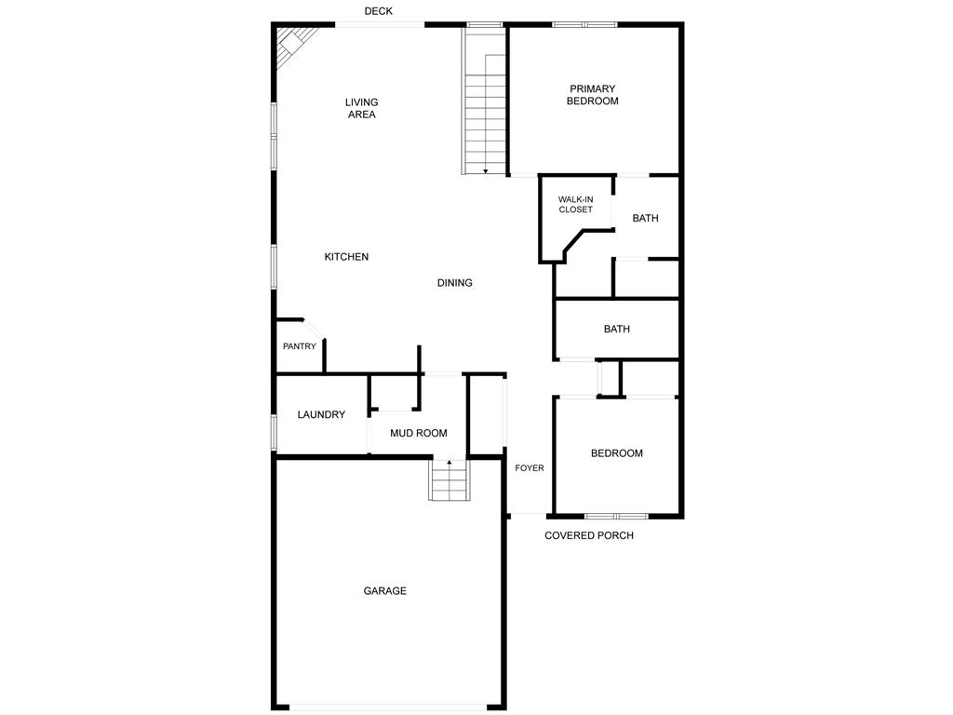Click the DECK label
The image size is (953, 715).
(x=378, y=11)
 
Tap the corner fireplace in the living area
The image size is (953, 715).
(x=293, y=44)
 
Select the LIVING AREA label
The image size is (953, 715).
(x=362, y=108)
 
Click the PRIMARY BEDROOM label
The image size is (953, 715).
(x=593, y=95)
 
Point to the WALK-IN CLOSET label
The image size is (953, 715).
(x=575, y=204)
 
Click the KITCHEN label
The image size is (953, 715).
(x=346, y=257)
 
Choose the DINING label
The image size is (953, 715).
(x=454, y=283)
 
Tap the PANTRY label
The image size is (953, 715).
(x=300, y=346)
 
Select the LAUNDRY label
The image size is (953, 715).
(x=321, y=414)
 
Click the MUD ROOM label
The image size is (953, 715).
(x=419, y=433)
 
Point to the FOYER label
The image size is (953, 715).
(x=530, y=468)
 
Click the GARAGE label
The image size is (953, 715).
(x=384, y=590)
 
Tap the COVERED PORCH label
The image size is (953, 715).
(x=589, y=535)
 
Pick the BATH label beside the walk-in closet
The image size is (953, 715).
(x=646, y=218)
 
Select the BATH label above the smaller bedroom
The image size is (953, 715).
(x=617, y=329)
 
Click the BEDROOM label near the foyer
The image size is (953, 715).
(x=617, y=453)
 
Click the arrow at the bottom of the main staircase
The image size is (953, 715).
(x=486, y=171)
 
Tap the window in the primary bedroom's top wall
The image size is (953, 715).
(x=584, y=25)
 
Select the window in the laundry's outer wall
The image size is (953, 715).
(x=275, y=432)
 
